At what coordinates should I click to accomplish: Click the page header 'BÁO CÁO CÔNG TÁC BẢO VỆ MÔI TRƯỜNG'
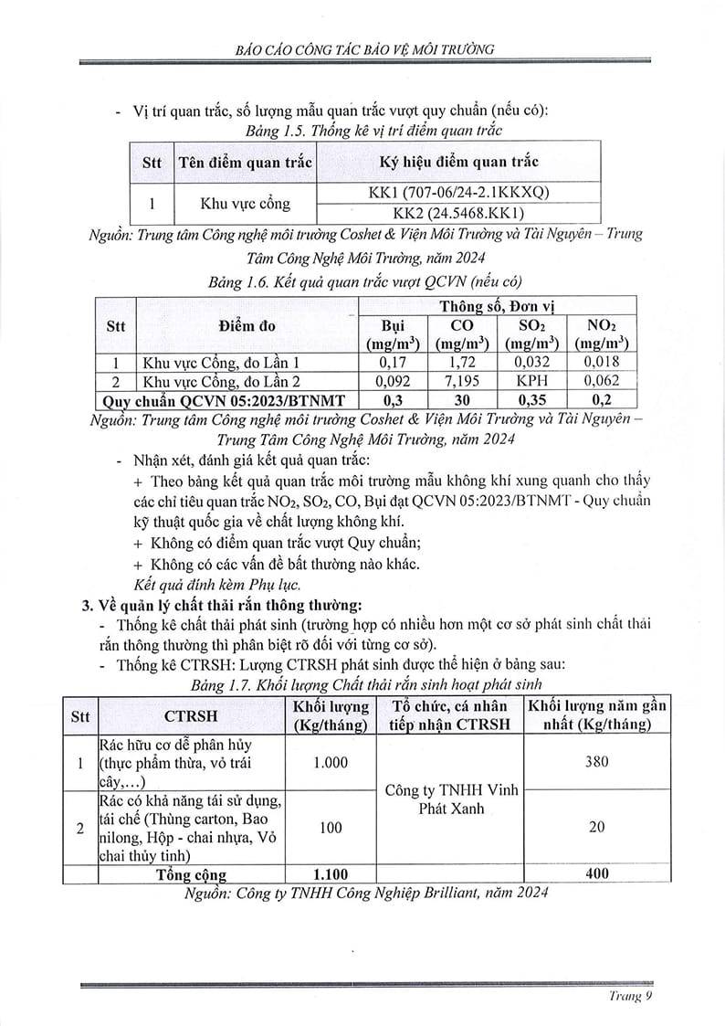point(362,50)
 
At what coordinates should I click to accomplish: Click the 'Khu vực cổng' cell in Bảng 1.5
point(245,203)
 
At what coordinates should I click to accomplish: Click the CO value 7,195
point(462,380)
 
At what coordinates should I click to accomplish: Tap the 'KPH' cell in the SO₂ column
point(530,380)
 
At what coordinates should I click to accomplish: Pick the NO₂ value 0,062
point(599,380)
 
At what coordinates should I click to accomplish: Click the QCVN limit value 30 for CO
point(462,399)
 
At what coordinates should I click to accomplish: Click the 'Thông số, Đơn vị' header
point(496,304)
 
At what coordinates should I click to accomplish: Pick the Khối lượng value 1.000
point(331,763)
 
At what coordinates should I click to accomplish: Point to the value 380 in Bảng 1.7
point(596,762)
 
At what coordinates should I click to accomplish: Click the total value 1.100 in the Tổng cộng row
point(331,874)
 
